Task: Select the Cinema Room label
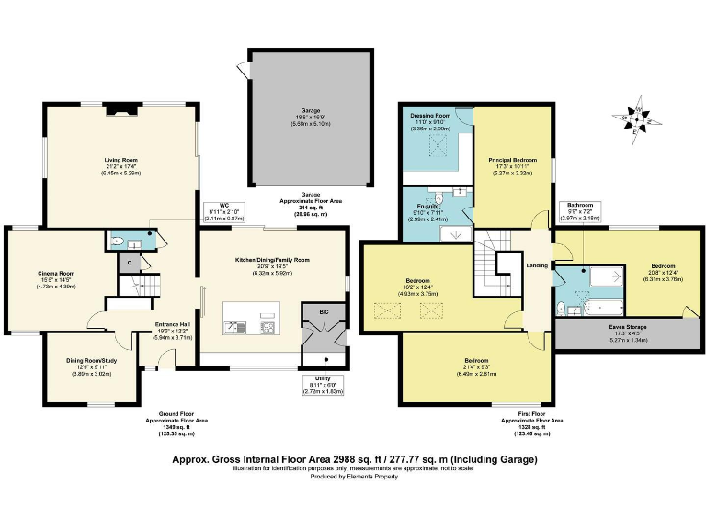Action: (x=56, y=273)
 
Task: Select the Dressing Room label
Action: (x=428, y=117)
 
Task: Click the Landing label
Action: (x=533, y=267)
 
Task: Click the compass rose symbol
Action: (x=635, y=119)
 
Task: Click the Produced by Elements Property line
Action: (x=352, y=477)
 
